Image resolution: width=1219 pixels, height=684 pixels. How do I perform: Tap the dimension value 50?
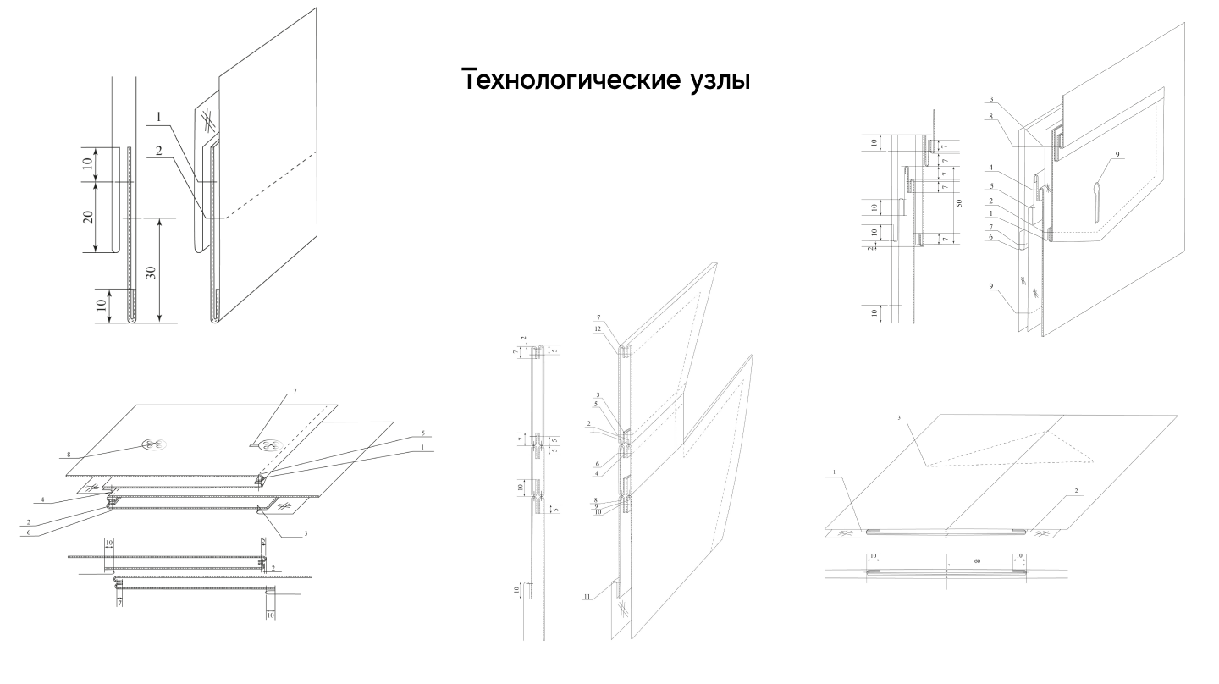point(959,204)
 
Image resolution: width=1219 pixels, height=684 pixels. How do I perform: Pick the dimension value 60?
point(978,560)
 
